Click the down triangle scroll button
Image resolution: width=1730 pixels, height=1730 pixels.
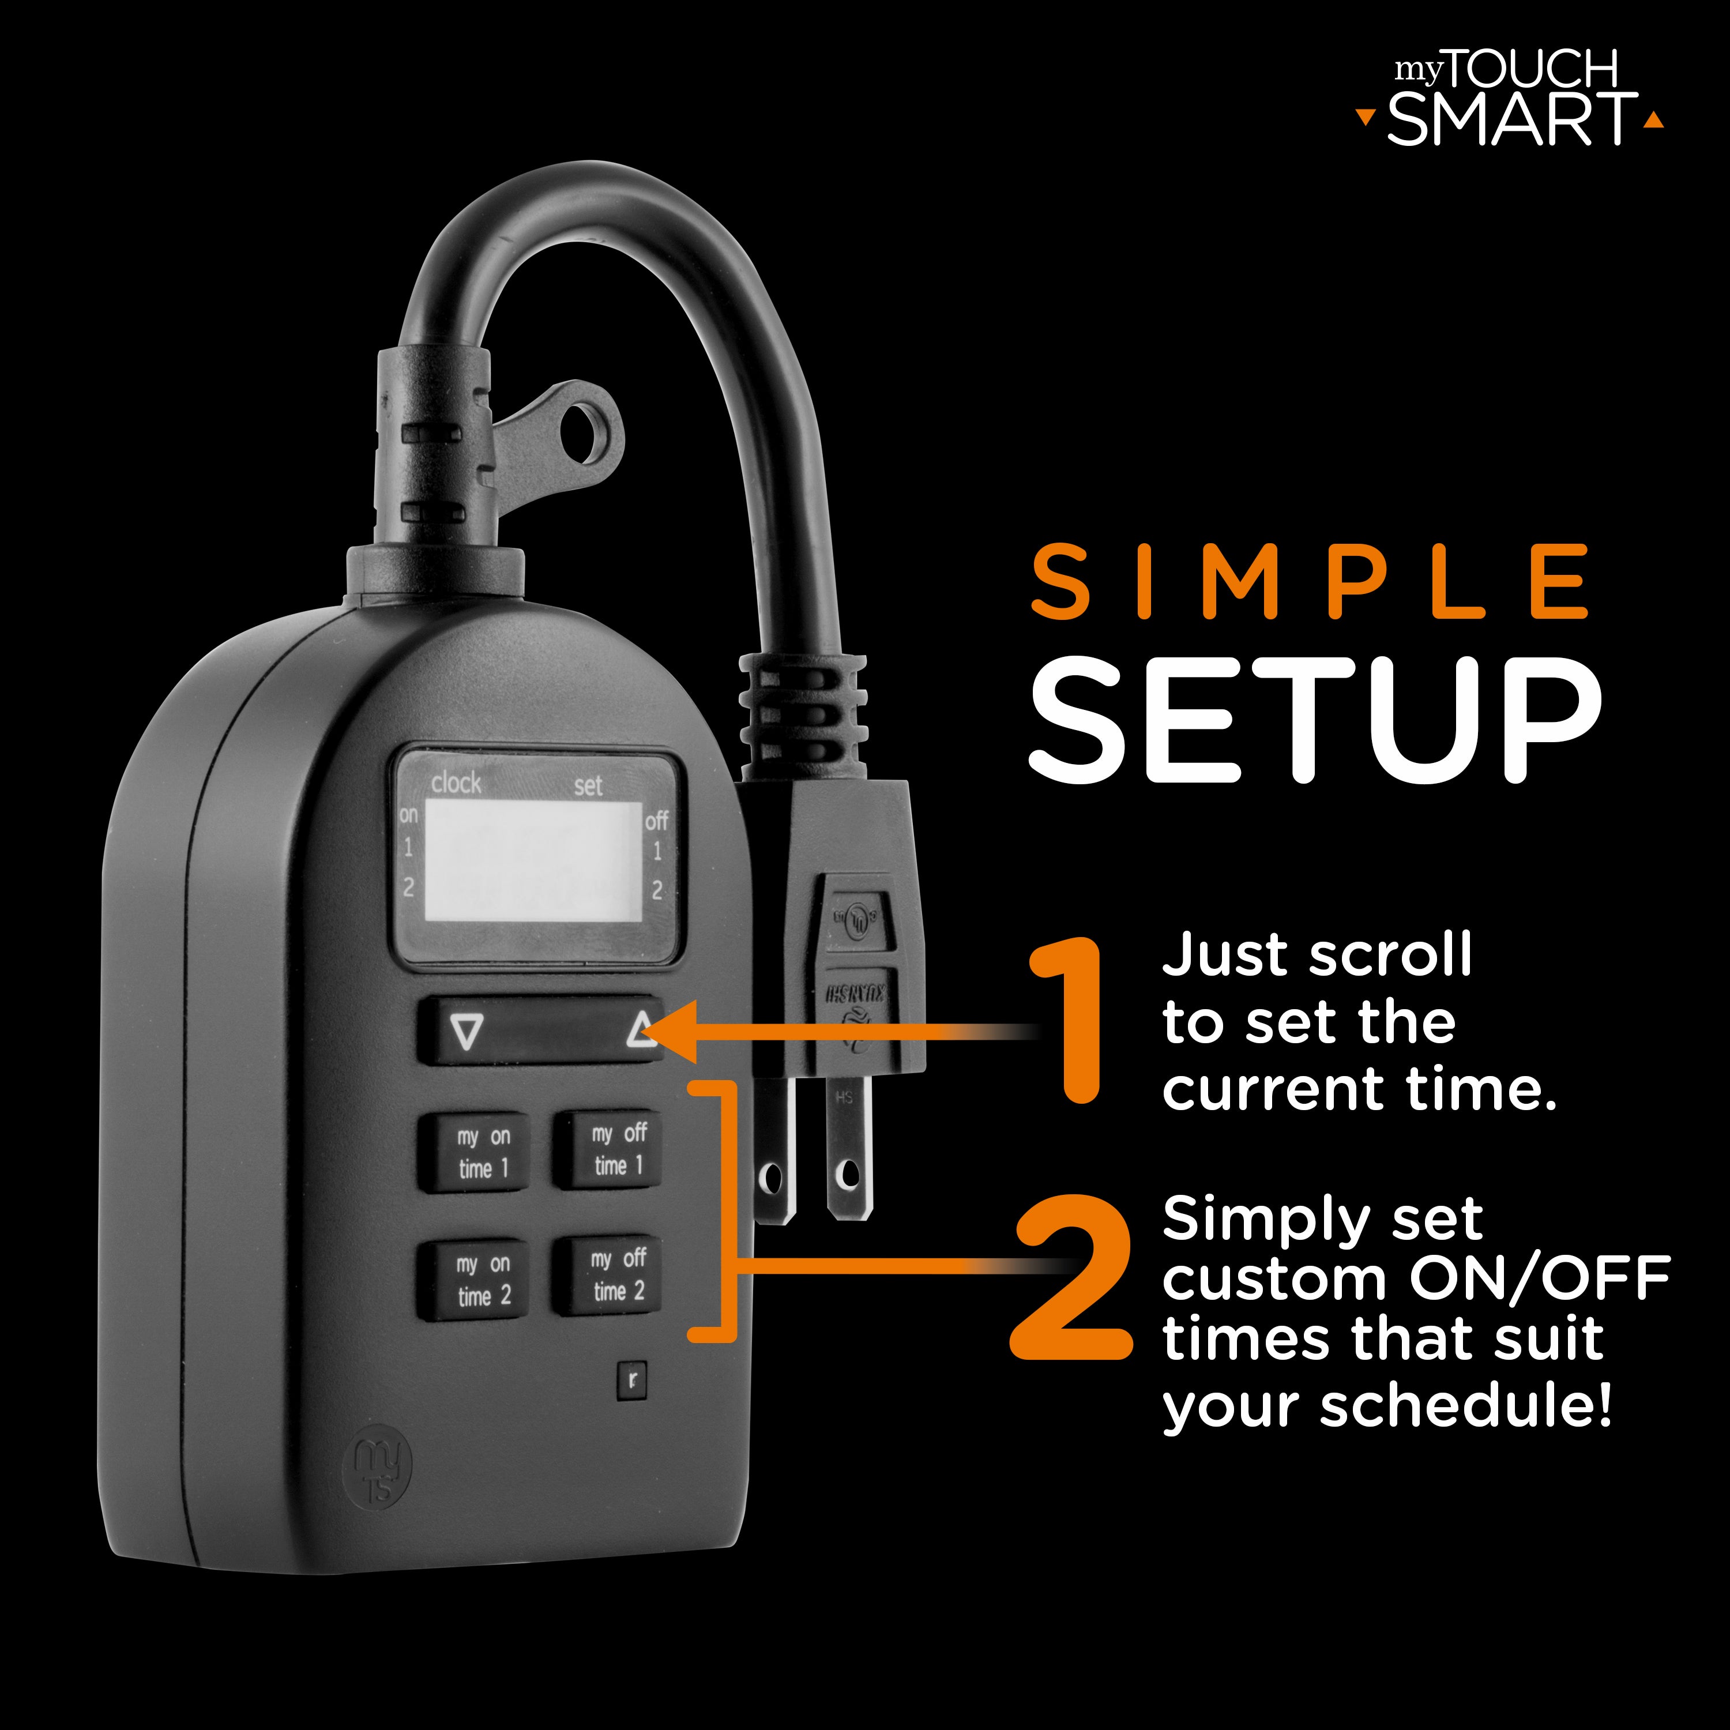click(467, 1032)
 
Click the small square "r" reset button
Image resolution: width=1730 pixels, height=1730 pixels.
click(632, 1380)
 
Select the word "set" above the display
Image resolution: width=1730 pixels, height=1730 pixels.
click(588, 786)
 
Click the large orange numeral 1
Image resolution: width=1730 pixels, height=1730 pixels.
click(1070, 1021)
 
